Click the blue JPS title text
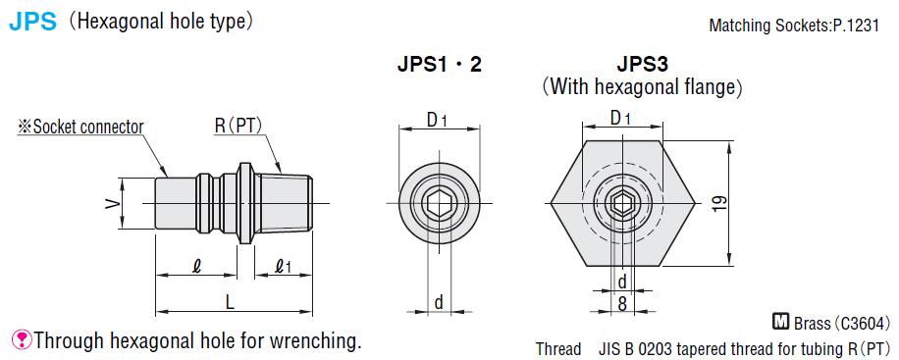click(x=33, y=23)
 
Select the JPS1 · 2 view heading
click(x=439, y=64)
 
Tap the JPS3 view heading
click(x=643, y=64)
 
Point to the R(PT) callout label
click(x=238, y=127)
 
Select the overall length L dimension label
click(x=230, y=302)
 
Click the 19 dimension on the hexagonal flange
click(x=720, y=203)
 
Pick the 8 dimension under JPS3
click(x=622, y=303)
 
